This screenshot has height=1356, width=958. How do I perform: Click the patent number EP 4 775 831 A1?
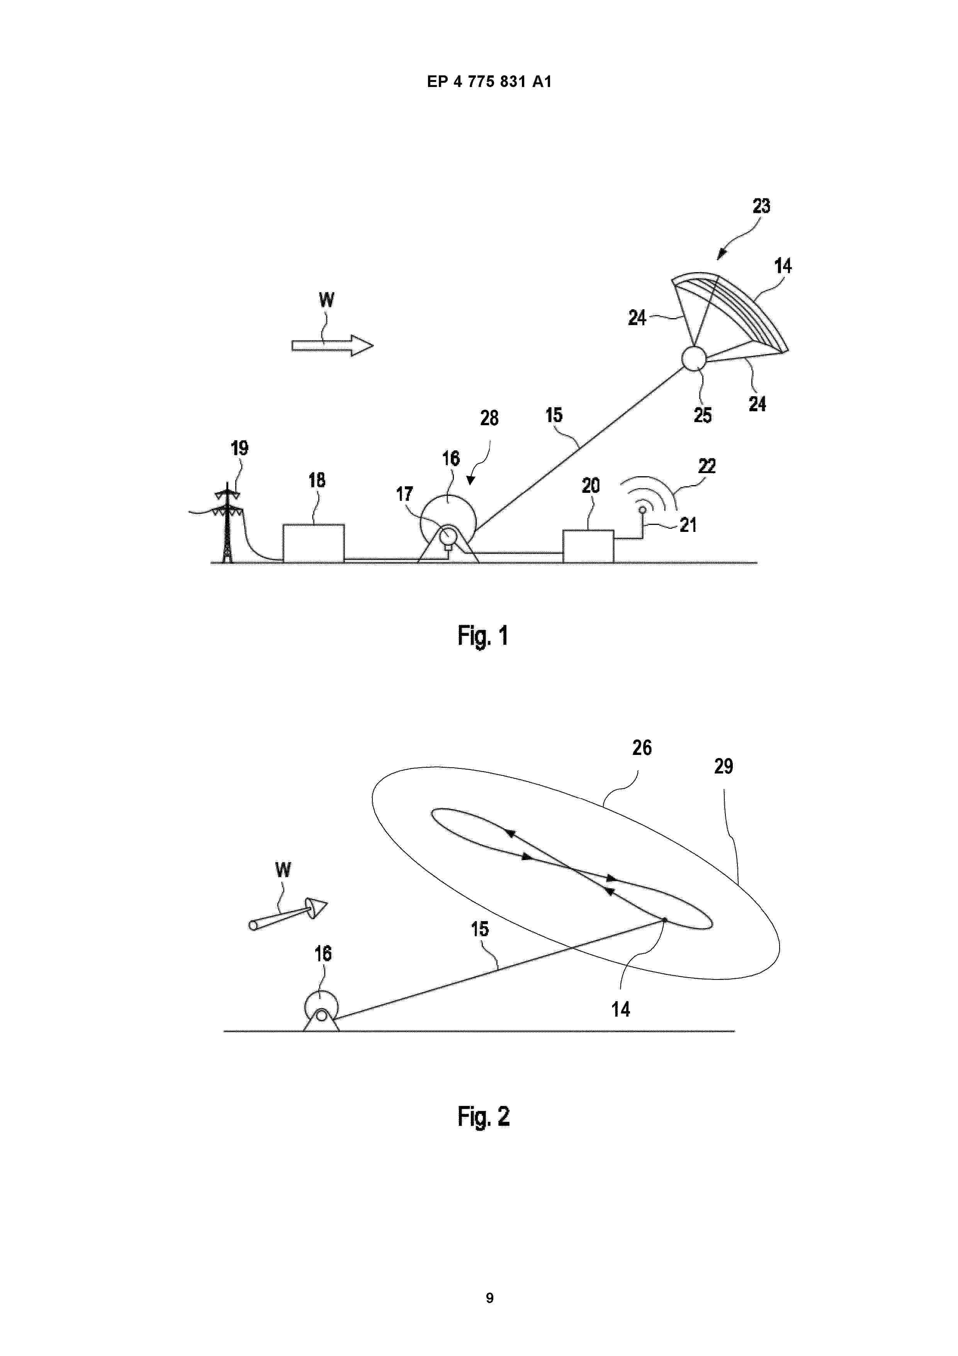pyautogui.click(x=489, y=82)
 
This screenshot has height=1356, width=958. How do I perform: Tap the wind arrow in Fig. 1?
pyautogui.click(x=332, y=346)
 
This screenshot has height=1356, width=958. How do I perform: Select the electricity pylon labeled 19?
pyautogui.click(x=227, y=523)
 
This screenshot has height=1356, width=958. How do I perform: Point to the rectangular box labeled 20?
pyautogui.click(x=588, y=546)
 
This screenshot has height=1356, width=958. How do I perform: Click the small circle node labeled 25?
pyautogui.click(x=693, y=358)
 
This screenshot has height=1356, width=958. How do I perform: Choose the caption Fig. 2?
pyautogui.click(x=483, y=1117)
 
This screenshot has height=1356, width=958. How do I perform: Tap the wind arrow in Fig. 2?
pyautogui.click(x=288, y=914)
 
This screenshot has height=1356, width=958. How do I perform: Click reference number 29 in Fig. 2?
pyautogui.click(x=724, y=767)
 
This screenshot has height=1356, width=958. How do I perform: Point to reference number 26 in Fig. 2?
pyautogui.click(x=642, y=748)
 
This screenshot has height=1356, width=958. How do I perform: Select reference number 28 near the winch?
pyautogui.click(x=489, y=418)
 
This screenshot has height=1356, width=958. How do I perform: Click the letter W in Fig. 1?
pyautogui.click(x=326, y=300)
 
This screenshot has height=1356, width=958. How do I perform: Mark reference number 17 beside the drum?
pyautogui.click(x=404, y=494)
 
